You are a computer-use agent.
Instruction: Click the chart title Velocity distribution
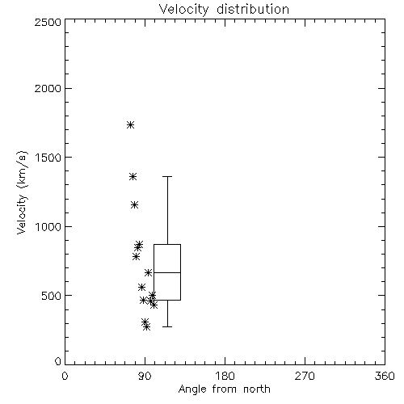tap(224, 9)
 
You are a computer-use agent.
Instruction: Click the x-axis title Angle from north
tap(224, 389)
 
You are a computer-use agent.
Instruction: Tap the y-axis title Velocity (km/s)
tap(22, 192)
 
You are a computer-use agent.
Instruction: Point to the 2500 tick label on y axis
tap(48, 22)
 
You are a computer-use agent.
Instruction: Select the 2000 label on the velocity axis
tap(48, 88)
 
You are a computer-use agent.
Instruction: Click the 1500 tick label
tap(48, 158)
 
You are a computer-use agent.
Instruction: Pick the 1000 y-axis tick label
tap(48, 226)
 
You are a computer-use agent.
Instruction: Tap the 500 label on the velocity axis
tap(52, 296)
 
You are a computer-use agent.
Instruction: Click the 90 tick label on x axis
tap(145, 376)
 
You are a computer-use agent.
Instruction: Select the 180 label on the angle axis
tap(225, 376)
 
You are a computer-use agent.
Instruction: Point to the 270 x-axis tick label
tap(305, 376)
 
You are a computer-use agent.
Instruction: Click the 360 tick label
tap(385, 376)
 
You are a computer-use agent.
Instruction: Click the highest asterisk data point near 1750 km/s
tap(131, 124)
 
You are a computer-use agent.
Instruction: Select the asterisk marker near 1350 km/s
tap(133, 177)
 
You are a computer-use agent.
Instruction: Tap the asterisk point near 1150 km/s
tap(135, 205)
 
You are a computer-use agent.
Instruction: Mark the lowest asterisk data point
tap(146, 327)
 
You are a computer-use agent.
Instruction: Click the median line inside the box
tap(167, 272)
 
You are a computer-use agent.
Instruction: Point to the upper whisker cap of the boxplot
tap(167, 177)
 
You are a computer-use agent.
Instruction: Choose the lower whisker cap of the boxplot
tap(167, 326)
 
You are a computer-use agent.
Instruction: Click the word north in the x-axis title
tap(257, 389)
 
